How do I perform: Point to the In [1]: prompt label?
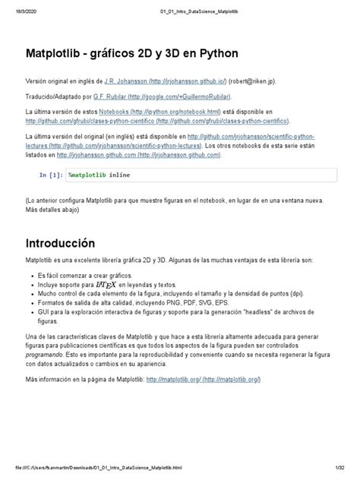tap(51, 175)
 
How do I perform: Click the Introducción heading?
tap(60, 245)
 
